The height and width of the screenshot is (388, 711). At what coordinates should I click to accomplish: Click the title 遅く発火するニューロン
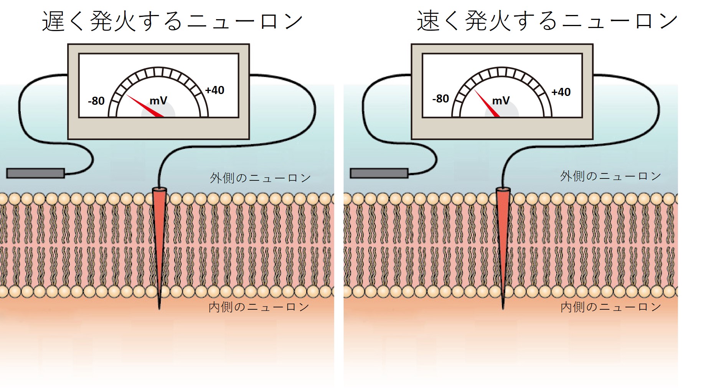[x=172, y=21]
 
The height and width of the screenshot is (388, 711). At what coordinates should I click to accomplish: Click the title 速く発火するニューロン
[x=547, y=21]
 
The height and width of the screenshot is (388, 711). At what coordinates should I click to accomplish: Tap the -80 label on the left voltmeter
[x=96, y=101]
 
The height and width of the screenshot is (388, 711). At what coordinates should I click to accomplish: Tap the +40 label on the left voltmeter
[x=214, y=91]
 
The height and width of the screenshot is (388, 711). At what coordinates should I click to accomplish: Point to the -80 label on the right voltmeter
[x=440, y=99]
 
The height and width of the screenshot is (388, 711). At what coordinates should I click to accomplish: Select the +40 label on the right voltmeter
[x=561, y=92]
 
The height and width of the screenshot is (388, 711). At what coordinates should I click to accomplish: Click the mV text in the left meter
[x=158, y=101]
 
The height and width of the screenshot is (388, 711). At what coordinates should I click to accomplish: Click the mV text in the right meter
[x=501, y=101]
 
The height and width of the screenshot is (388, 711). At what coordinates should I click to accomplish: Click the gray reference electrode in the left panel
[x=35, y=173]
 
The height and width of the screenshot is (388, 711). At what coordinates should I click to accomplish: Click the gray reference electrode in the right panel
[x=379, y=173]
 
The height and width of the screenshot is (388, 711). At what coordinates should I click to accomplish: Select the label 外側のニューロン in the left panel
[x=260, y=178]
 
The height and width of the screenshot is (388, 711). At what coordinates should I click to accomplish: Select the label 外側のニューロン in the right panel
[x=610, y=177]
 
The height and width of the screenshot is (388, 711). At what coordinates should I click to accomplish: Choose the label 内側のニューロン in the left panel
[x=259, y=307]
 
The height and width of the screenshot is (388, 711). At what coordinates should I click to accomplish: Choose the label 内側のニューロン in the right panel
[x=610, y=307]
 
